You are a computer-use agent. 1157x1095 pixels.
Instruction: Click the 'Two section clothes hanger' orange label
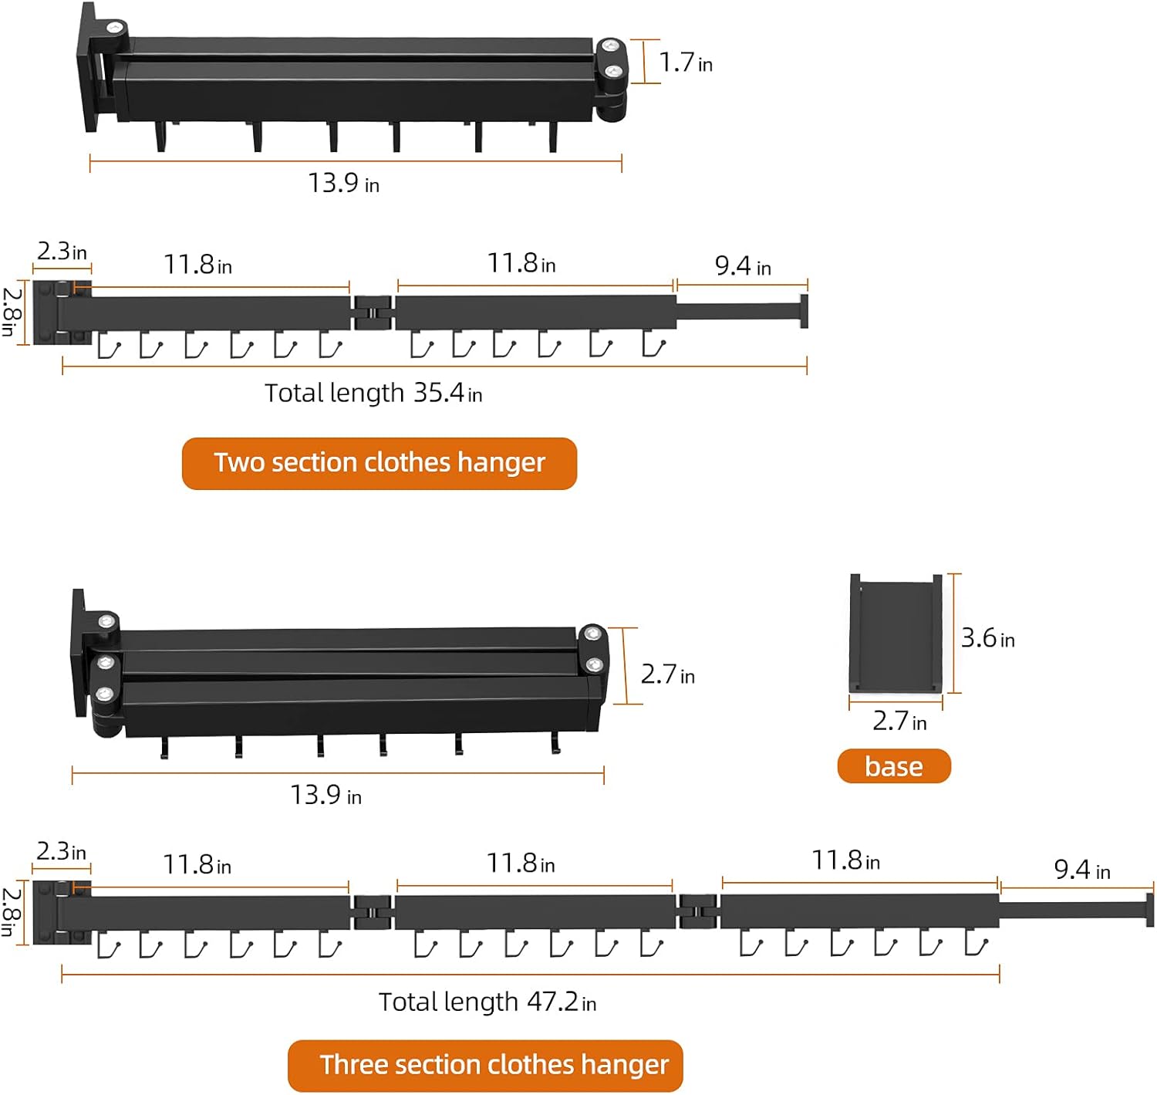point(379,463)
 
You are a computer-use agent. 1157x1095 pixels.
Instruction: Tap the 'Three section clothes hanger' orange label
point(485,1065)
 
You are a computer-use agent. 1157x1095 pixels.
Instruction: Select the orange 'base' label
point(893,766)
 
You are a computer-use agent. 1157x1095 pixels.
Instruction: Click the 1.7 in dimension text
point(685,62)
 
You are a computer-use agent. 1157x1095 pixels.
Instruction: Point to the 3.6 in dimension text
point(987,638)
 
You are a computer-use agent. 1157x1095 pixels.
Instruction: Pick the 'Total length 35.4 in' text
point(373,393)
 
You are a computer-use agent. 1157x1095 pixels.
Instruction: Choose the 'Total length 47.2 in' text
point(487,1002)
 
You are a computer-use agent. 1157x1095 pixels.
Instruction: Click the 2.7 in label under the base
point(899,721)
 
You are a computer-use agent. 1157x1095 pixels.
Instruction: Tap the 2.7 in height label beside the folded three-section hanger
point(667,674)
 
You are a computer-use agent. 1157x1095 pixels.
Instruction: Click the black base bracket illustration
point(895,633)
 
